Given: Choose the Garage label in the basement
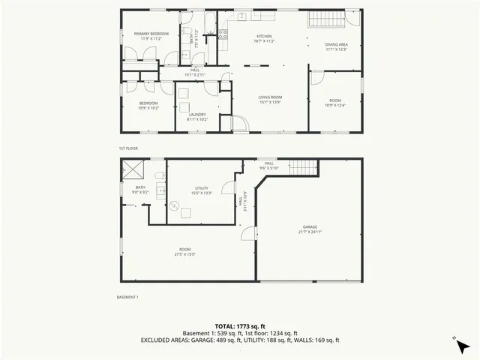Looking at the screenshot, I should click(310, 229).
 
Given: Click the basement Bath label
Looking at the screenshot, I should click(140, 190).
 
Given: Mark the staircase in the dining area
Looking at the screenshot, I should click(326, 19).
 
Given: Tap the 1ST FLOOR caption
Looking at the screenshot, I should click(128, 148).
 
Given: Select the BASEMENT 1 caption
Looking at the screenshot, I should click(128, 297).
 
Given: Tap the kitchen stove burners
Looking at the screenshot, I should click(223, 33).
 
